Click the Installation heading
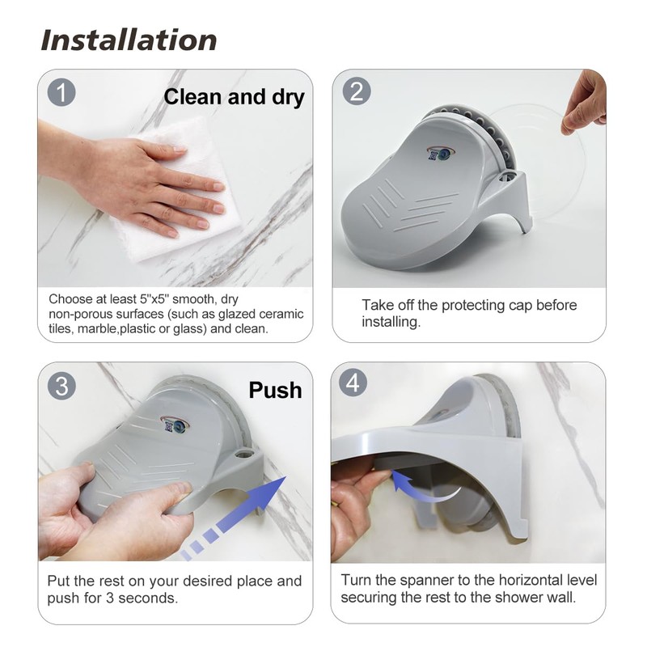[129, 40]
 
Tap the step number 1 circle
[61, 92]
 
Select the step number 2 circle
[356, 91]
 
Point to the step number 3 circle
[61, 385]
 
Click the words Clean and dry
[234, 97]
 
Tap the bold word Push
[275, 391]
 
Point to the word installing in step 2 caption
[391, 322]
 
